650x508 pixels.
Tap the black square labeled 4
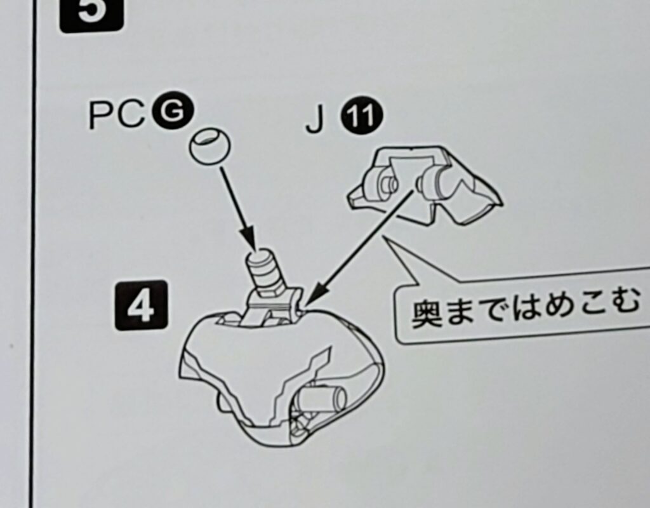coord(141,305)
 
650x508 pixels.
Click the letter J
coord(314,121)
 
